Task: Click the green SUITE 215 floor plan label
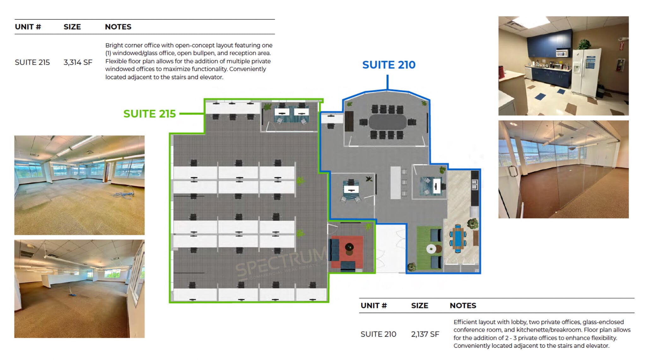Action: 150,114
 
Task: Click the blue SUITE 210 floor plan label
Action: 389,65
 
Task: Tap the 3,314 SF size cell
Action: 78,62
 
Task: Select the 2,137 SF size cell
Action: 425,334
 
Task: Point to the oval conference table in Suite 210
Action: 387,122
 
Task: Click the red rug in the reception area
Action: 347,251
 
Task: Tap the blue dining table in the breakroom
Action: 457,238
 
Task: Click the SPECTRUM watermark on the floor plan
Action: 281,263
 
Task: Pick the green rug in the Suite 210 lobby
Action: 429,248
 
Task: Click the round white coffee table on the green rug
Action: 431,249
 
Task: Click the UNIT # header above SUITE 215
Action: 28,27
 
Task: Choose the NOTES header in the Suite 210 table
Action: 463,305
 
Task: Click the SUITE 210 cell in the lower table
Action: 378,334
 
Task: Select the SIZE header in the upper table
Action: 72,27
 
